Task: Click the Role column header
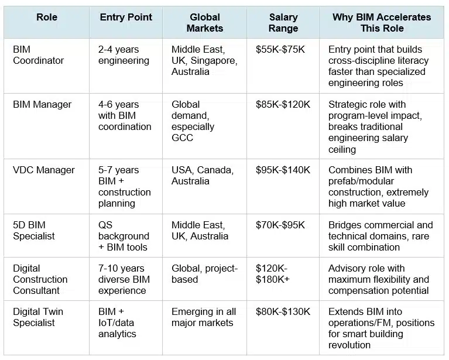[x=47, y=17]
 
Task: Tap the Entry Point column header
[x=126, y=17]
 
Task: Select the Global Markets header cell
[x=205, y=23]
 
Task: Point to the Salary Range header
[x=283, y=23]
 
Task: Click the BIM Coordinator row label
[x=38, y=55]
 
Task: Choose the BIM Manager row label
[x=42, y=105]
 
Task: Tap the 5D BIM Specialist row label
[x=34, y=231]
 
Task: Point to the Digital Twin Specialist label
[x=39, y=317]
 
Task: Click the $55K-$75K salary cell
[x=280, y=50]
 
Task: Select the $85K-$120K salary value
[x=283, y=105]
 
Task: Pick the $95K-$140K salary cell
[x=283, y=170]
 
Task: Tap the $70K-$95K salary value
[x=280, y=225]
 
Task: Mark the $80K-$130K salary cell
[x=283, y=312]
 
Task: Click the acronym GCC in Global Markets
[x=183, y=138]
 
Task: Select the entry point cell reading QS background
[x=124, y=236]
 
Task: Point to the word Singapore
[x=210, y=61]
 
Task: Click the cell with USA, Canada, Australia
[x=203, y=176]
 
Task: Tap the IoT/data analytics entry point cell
[x=123, y=323]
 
